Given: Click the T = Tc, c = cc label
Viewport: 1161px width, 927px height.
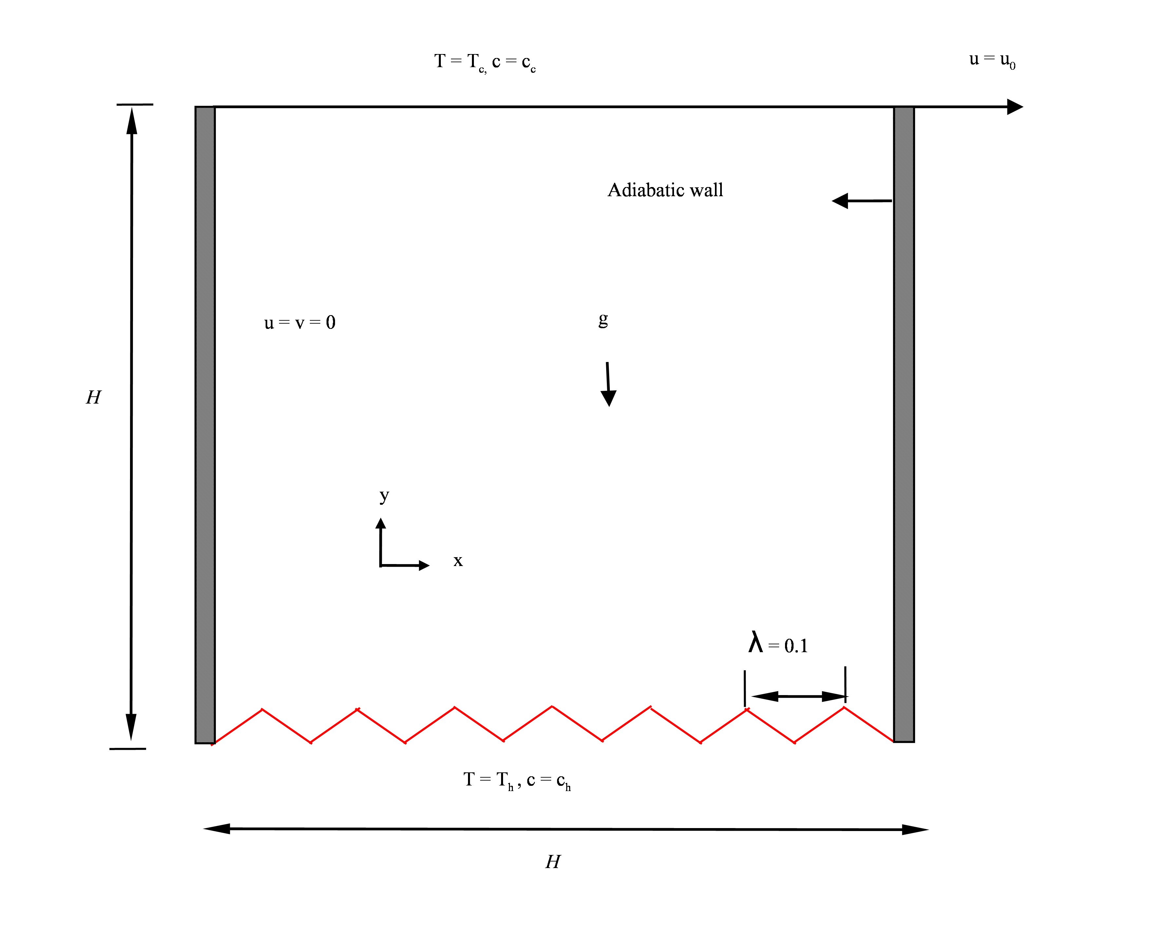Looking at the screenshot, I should [485, 63].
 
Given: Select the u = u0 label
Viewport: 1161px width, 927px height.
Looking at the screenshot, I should [992, 60].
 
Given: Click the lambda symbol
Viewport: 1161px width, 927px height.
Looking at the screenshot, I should [756, 643].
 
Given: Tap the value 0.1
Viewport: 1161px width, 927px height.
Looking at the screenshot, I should [796, 646].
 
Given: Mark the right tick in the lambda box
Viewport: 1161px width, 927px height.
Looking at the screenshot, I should [845, 670].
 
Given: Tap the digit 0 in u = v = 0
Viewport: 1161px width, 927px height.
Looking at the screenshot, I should [331, 322].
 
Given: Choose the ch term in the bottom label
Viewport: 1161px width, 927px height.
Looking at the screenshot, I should [563, 782].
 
